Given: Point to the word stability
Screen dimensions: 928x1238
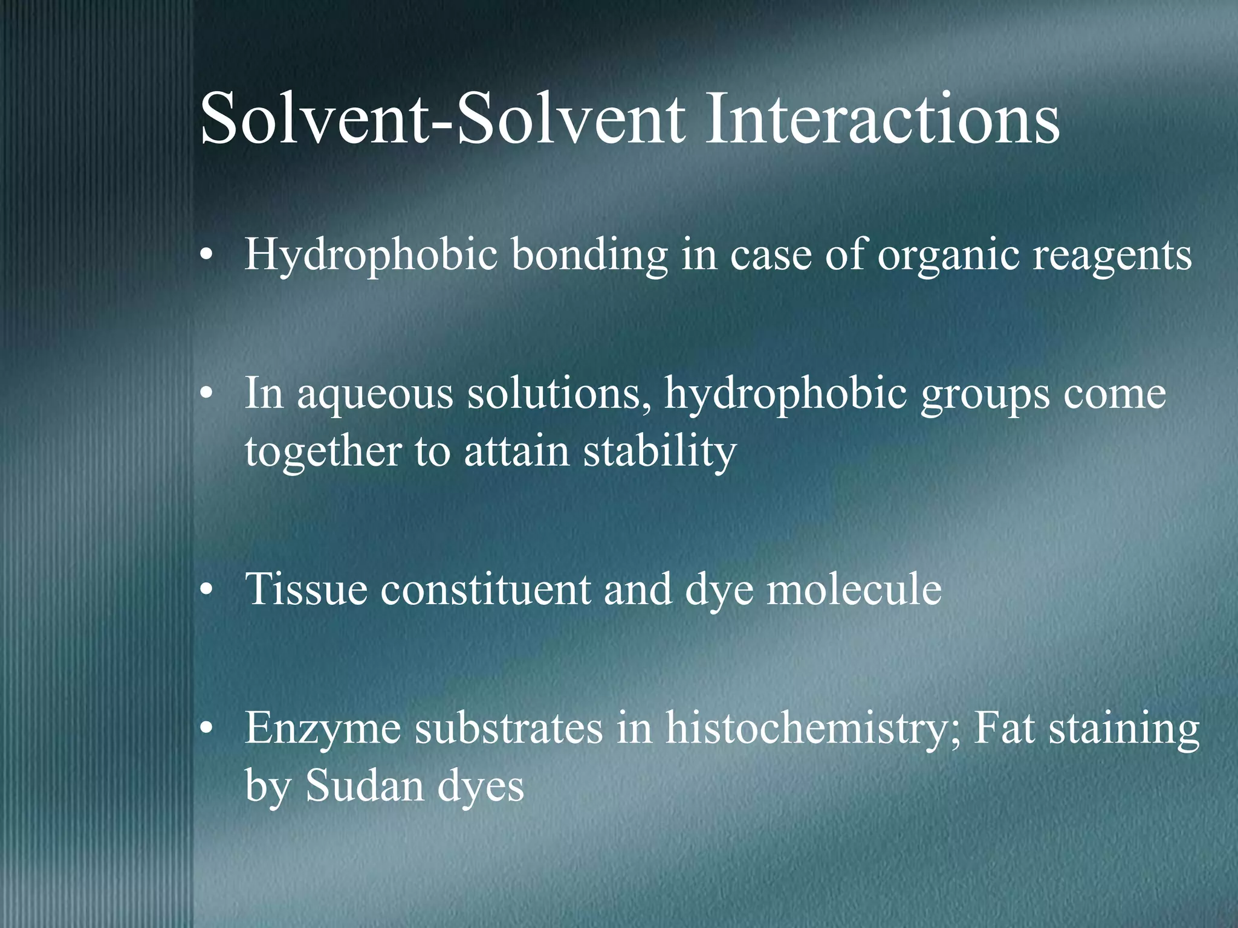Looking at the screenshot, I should (x=660, y=452).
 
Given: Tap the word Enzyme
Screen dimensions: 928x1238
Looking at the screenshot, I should (x=323, y=730).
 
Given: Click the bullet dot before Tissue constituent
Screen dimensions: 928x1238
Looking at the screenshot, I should (x=207, y=591).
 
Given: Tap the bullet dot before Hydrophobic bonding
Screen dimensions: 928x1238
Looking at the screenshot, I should (x=207, y=256).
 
